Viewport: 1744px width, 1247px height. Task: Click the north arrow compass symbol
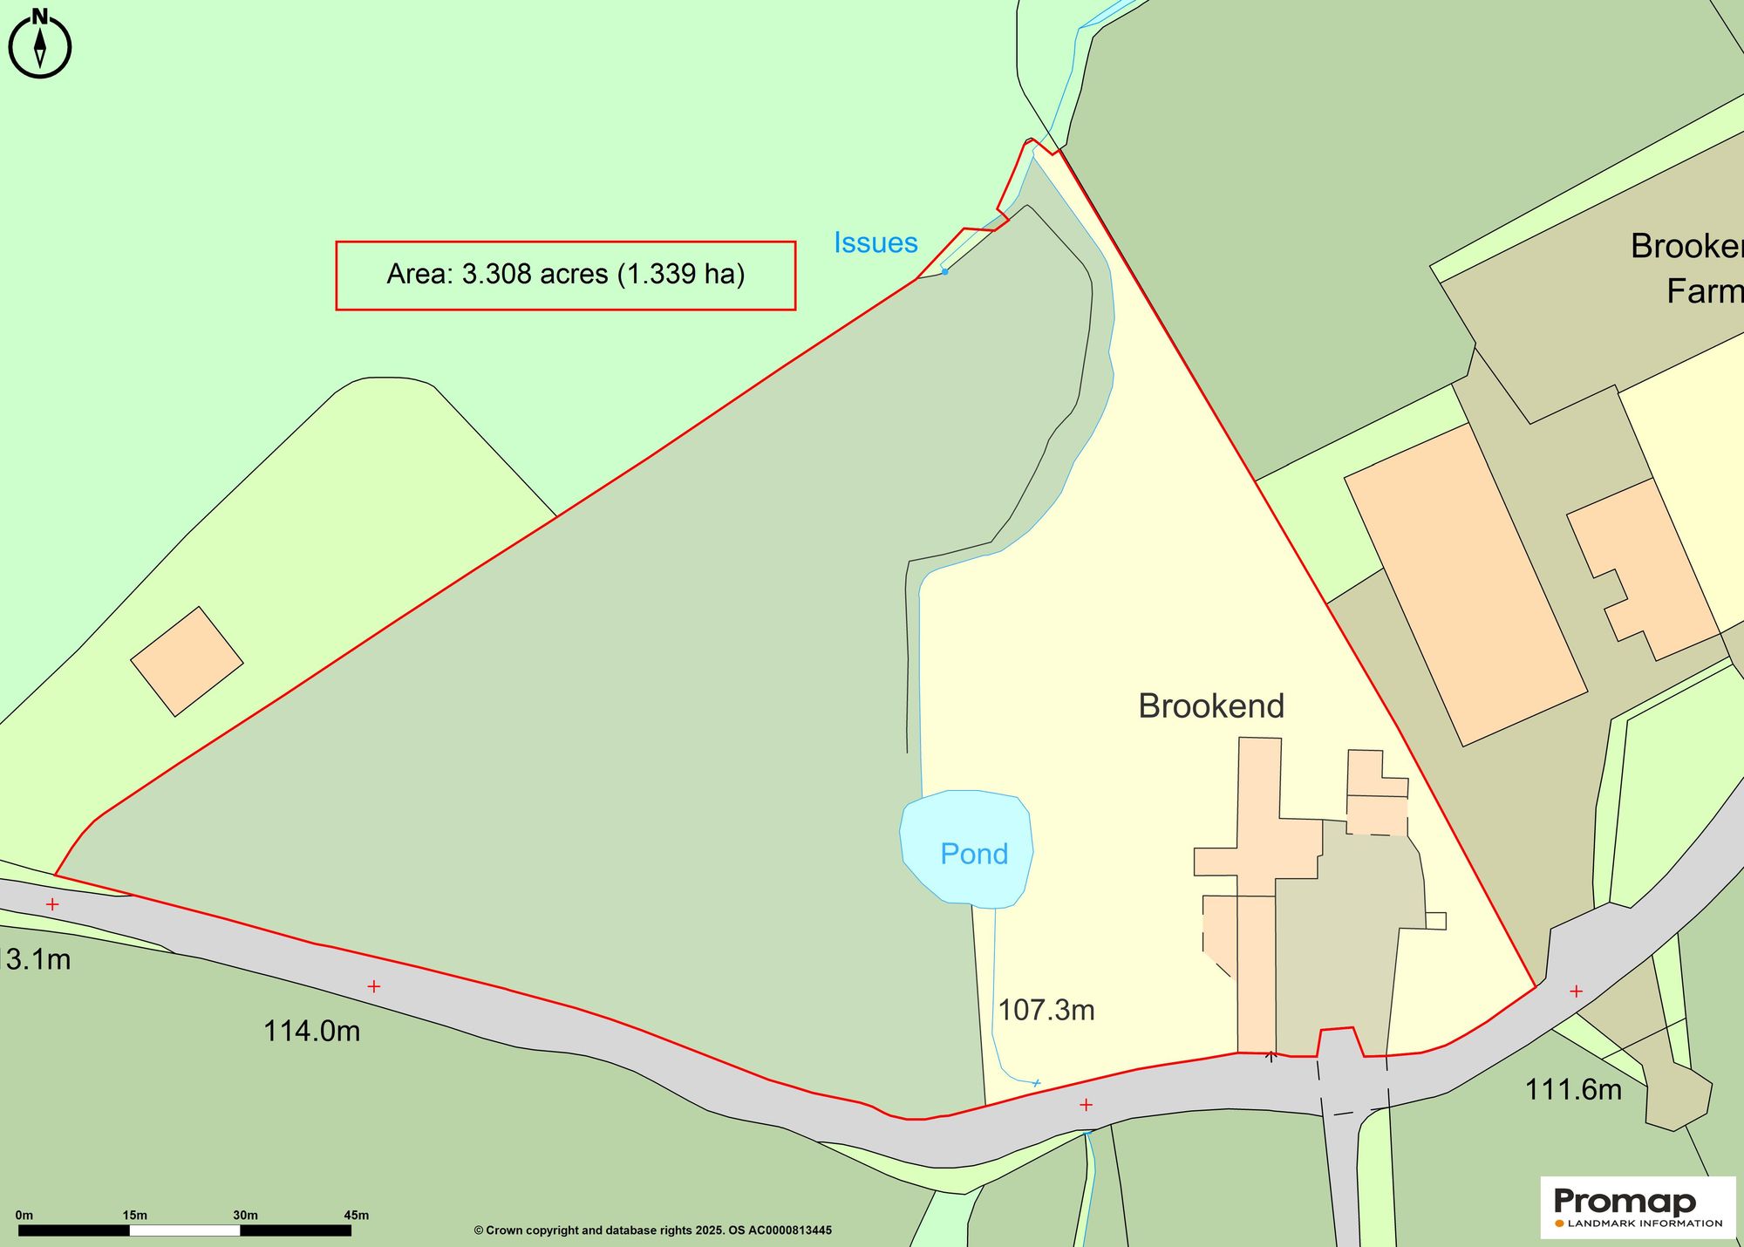tap(39, 44)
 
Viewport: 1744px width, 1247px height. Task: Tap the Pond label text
tap(974, 854)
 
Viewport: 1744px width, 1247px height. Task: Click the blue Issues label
tap(875, 242)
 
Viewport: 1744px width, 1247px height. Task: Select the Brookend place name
tap(1211, 706)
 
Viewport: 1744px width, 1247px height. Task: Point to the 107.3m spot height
tap(1046, 1010)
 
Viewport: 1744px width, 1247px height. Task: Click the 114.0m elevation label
tap(311, 1032)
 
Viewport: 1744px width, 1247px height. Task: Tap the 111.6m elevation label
tap(1573, 1090)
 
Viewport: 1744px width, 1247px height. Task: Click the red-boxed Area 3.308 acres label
tap(566, 275)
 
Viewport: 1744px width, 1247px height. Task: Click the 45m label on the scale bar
tap(356, 1215)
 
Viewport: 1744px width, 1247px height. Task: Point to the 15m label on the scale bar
tap(134, 1215)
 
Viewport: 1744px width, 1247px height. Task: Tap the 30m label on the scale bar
tap(245, 1215)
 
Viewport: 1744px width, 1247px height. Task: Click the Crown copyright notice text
tap(652, 1230)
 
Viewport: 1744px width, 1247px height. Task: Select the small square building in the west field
tap(187, 662)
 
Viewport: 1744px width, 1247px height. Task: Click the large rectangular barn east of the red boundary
tap(1465, 584)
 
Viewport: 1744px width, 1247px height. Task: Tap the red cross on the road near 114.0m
tap(374, 986)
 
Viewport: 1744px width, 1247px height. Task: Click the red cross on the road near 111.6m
tap(1576, 991)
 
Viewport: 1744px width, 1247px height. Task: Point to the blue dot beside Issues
tap(944, 271)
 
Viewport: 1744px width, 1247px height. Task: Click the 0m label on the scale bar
tap(24, 1215)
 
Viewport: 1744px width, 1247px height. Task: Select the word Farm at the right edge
tap(1704, 291)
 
